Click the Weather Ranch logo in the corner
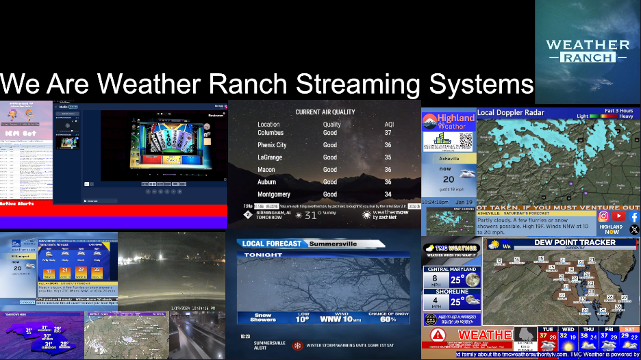tap(588, 51)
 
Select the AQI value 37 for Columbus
tap(388, 133)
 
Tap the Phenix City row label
tap(272, 145)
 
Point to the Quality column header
tap(331, 125)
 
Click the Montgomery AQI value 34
tap(388, 194)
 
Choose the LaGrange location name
tap(270, 157)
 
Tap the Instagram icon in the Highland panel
tap(603, 216)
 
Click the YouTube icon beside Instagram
tap(618, 216)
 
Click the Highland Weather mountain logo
tap(430, 121)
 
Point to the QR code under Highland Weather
tap(463, 140)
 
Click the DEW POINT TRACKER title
tap(560, 242)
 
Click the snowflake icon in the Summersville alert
tap(298, 346)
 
